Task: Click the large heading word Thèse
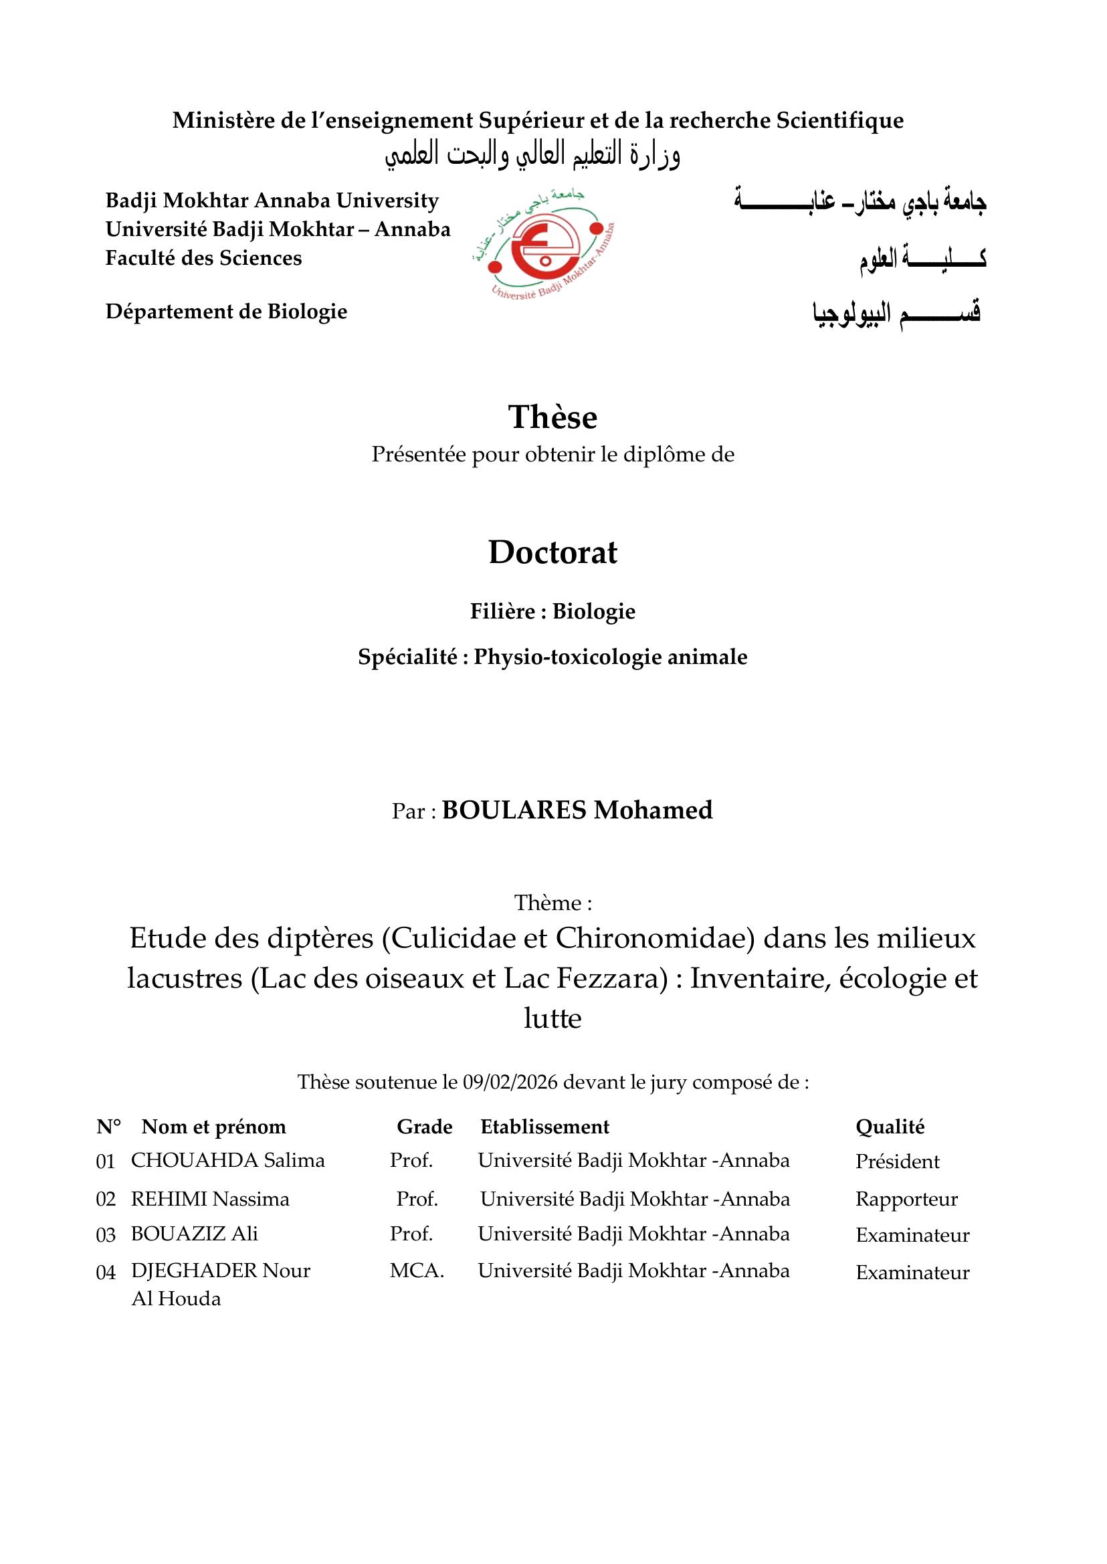(x=552, y=417)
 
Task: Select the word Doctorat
(x=552, y=552)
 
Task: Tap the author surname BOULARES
(x=514, y=810)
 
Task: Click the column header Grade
(x=425, y=1127)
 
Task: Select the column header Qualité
(x=890, y=1127)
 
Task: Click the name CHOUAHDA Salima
(x=227, y=1161)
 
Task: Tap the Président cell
(x=897, y=1162)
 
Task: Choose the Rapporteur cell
(x=906, y=1200)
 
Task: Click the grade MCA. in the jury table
(x=417, y=1271)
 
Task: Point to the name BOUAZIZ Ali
(x=194, y=1234)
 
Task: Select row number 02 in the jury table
(x=106, y=1200)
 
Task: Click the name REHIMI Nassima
(x=210, y=1200)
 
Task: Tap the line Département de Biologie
(x=226, y=312)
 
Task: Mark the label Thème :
(x=552, y=903)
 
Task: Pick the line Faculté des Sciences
(x=203, y=258)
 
